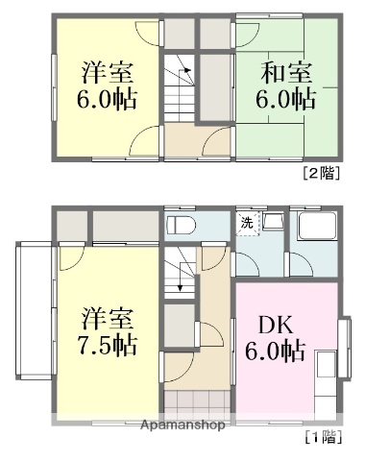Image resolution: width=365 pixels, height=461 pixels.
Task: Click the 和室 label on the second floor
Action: tap(284, 73)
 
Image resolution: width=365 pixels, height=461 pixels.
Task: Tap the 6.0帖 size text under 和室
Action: tap(284, 98)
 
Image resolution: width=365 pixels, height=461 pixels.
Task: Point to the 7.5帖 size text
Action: tap(107, 345)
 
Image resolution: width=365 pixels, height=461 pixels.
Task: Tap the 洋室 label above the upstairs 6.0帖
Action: tap(107, 73)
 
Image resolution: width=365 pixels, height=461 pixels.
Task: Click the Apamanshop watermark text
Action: tap(182, 425)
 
